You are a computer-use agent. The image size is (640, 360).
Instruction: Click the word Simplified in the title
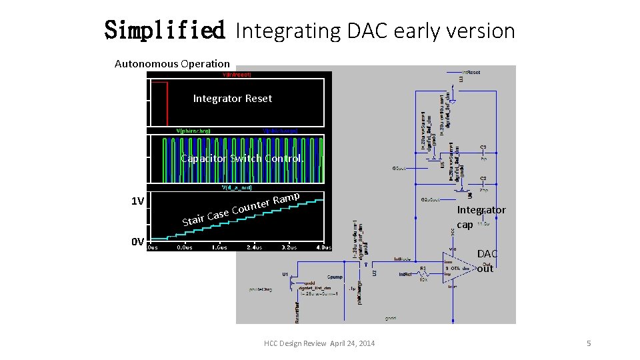coord(165,30)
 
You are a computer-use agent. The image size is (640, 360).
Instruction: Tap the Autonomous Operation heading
coord(172,64)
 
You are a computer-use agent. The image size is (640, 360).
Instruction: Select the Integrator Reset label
coord(233,99)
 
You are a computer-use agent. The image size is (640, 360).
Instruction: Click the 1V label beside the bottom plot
coord(137,201)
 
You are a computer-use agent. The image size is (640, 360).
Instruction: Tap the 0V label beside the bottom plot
coord(137,241)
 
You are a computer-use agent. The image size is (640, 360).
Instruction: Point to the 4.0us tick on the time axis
coord(323,247)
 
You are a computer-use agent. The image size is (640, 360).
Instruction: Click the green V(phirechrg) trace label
coord(193,131)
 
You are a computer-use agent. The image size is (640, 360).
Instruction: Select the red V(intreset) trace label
coord(232,75)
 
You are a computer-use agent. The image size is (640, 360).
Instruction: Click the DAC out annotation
coord(487,261)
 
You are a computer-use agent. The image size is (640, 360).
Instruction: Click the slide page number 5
coord(589,343)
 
